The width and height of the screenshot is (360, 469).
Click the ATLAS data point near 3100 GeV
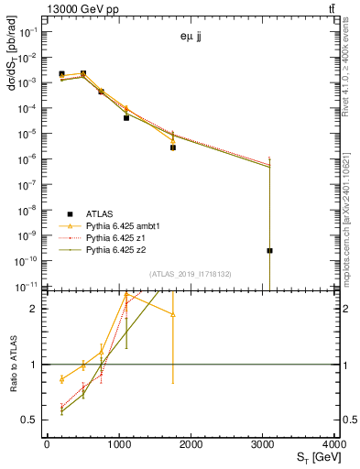269,250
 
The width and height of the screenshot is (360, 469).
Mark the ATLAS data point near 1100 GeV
126,117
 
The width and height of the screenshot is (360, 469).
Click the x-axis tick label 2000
190,444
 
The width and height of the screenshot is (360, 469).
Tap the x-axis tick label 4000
333,444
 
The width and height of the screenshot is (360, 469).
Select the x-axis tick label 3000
262,444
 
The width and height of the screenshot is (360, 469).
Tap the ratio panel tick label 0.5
29,420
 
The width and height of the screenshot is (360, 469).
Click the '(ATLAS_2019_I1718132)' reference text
191,274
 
